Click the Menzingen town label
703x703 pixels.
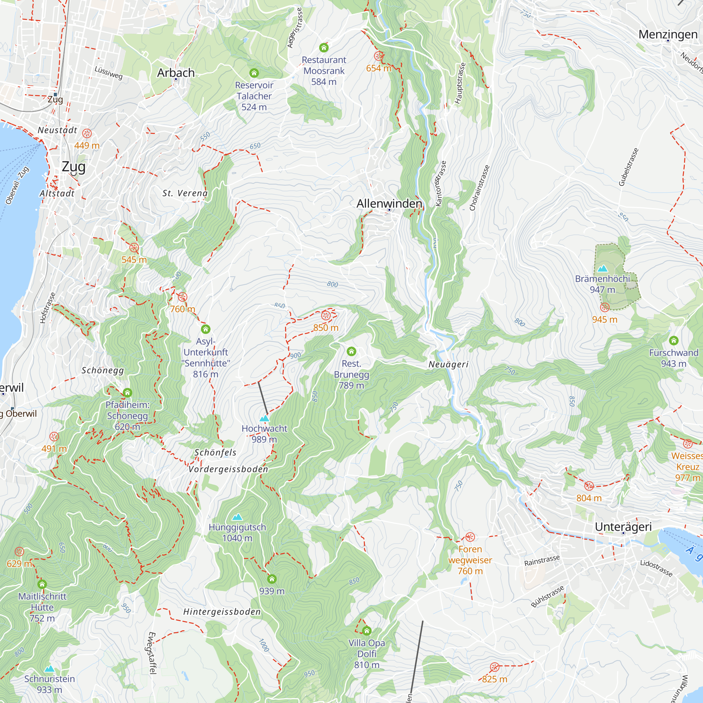[x=668, y=34]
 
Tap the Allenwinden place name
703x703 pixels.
[x=389, y=204]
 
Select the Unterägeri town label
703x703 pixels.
[x=623, y=527]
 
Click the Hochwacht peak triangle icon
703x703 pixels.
[x=265, y=418]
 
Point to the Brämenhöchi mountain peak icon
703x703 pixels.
[x=602, y=269]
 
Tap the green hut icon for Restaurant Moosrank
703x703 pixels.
[x=324, y=48]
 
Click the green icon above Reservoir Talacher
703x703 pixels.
[x=254, y=73]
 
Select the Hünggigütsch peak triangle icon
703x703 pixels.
[x=237, y=517]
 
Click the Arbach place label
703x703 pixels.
[x=176, y=73]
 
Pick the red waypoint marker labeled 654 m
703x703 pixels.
[x=379, y=56]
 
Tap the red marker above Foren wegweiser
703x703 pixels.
[x=470, y=537]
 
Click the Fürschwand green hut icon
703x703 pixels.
[x=673, y=341]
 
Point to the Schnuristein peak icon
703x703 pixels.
[x=50, y=669]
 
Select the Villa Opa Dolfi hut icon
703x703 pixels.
[x=367, y=631]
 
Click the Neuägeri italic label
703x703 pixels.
[x=448, y=364]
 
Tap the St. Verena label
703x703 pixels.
[x=185, y=193]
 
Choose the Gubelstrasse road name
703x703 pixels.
[x=628, y=167]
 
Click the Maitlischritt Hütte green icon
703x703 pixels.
[x=42, y=585]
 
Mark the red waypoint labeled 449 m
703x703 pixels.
[x=86, y=134]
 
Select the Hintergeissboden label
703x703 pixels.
[x=222, y=612]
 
